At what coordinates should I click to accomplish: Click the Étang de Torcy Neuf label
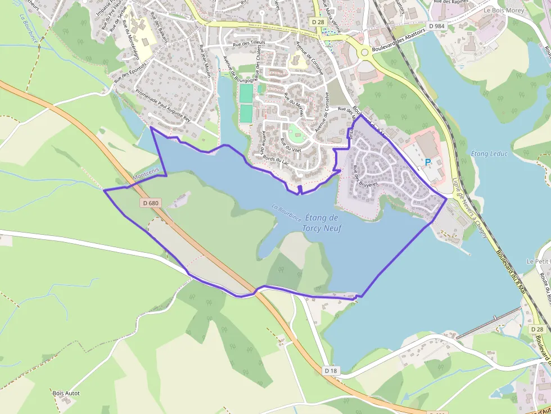(x=320, y=222)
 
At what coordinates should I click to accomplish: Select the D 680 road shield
(x=151, y=203)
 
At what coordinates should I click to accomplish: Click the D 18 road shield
(x=332, y=371)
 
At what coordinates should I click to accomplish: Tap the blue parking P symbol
(x=427, y=162)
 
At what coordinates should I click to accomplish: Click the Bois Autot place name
(x=66, y=393)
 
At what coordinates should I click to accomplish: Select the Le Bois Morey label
(x=504, y=10)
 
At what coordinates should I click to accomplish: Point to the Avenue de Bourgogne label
(x=231, y=72)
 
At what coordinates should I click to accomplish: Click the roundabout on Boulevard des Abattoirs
(x=364, y=53)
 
